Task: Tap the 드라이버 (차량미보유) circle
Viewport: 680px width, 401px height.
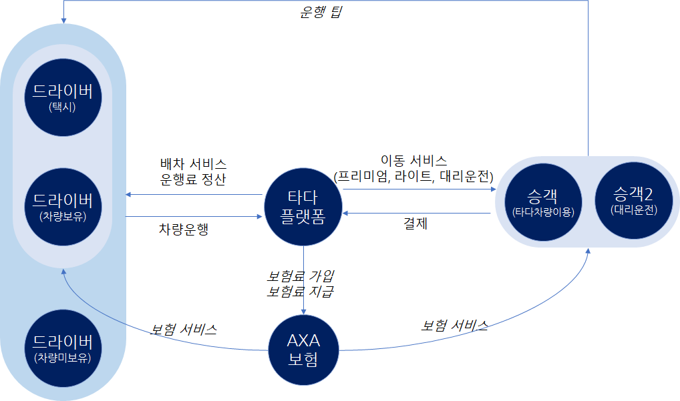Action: [63, 349]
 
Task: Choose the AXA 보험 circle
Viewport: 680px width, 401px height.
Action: [304, 349]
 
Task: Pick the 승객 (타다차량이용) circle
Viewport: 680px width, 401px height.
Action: [542, 202]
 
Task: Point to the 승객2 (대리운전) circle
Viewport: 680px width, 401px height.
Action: [634, 202]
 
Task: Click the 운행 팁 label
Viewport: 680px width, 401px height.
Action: [319, 12]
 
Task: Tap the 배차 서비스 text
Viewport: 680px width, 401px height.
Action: [193, 163]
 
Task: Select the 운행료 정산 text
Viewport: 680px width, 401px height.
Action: [193, 179]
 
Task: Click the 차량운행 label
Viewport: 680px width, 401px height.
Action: [184, 229]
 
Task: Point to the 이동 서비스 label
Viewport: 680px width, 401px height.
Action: [413, 160]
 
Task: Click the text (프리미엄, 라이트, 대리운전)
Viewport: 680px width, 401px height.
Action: [413, 176]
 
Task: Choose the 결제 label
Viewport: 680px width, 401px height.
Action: [415, 224]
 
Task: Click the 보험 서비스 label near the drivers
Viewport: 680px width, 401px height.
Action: [184, 330]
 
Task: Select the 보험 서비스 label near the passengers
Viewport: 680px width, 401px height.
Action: [454, 326]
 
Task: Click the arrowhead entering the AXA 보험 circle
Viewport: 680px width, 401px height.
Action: [304, 310]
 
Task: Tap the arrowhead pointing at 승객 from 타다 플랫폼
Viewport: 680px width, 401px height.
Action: [494, 189]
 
